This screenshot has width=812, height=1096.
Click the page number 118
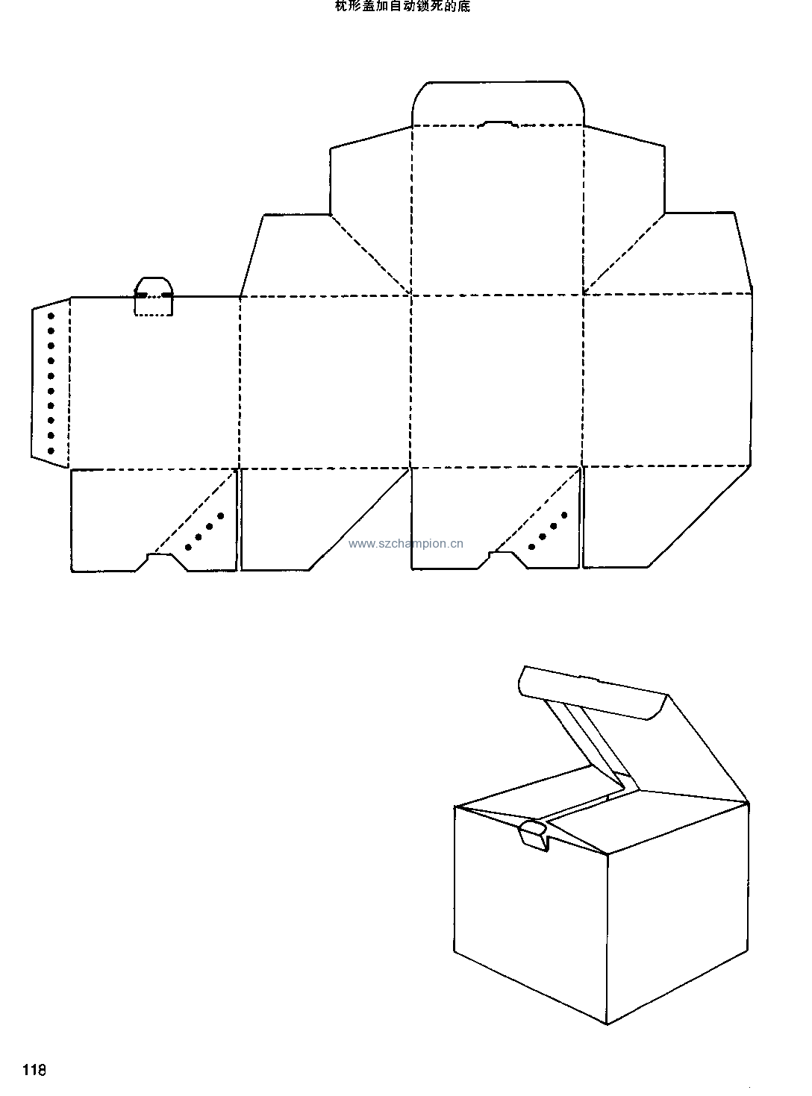click(x=34, y=1070)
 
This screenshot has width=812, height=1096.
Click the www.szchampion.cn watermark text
click(x=405, y=544)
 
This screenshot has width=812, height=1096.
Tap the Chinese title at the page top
click(x=402, y=7)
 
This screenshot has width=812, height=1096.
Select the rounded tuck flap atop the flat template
click(x=498, y=103)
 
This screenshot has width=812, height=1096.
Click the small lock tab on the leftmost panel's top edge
click(x=153, y=296)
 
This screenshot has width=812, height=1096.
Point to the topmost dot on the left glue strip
click(x=51, y=316)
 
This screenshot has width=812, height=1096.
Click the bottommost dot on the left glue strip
click(x=51, y=451)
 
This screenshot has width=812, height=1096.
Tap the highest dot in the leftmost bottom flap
click(x=221, y=516)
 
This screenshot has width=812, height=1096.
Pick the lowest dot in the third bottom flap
click(x=532, y=547)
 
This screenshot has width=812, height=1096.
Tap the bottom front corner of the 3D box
click(x=607, y=1024)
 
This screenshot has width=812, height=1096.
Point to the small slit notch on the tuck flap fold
click(x=498, y=124)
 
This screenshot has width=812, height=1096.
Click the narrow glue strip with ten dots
click(x=51, y=383)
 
